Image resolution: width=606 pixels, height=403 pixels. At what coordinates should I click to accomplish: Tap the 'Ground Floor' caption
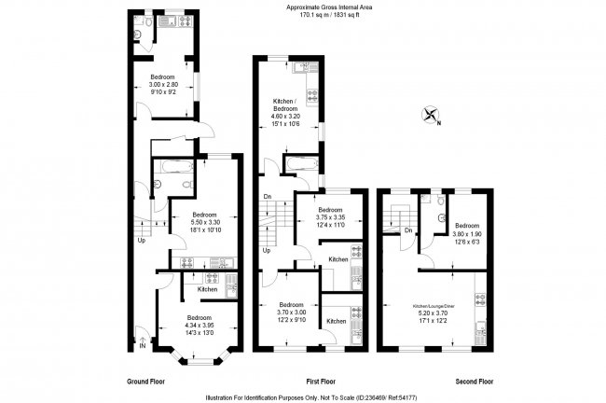147,382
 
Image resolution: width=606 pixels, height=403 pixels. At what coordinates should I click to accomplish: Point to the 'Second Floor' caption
475,382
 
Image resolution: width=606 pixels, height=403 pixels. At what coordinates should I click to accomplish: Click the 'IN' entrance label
143,346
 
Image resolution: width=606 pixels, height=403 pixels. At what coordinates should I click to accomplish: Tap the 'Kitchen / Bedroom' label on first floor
286,104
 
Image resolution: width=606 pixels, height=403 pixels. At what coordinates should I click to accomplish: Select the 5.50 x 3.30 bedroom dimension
206,222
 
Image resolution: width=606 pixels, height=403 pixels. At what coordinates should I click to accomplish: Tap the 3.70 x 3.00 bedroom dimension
292,313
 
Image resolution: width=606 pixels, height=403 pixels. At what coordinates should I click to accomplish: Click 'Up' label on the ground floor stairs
142,241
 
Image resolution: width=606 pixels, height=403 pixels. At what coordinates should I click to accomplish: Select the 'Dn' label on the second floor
408,230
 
